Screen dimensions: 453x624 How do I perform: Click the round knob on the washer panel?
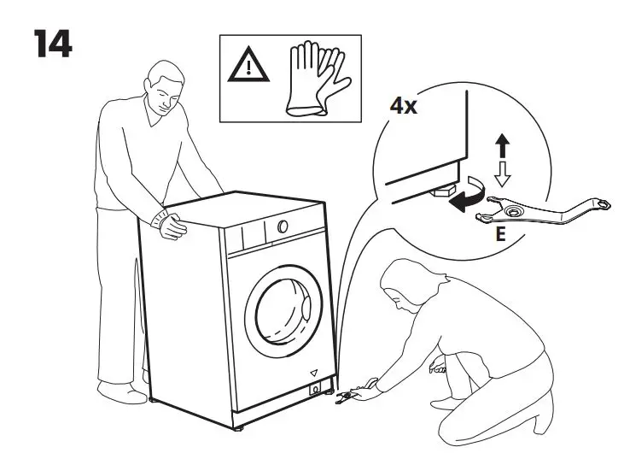coord(281,228)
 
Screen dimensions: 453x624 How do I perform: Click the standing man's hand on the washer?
coord(174,227)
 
